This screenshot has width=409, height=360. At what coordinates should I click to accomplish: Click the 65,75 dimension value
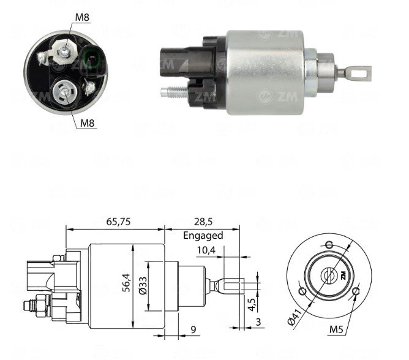click(118, 222)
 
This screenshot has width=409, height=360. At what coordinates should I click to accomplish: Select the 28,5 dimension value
click(203, 222)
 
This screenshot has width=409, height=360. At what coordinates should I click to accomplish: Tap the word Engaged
click(203, 235)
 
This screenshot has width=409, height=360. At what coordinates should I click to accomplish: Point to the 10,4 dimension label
click(206, 250)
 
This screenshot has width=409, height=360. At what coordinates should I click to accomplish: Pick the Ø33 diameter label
click(143, 286)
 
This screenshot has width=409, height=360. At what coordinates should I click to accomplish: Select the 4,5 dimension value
click(252, 304)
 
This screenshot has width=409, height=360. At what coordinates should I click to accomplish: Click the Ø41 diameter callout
click(295, 316)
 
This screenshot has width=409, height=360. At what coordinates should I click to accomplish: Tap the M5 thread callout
click(336, 329)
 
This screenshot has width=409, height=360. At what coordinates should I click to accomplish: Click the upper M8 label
click(82, 18)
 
